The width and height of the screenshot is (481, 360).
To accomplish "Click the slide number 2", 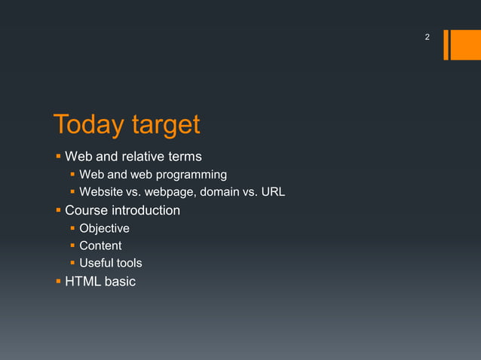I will pyautogui.click(x=427, y=37).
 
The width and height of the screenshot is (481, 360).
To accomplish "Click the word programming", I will pyautogui.click(x=191, y=175).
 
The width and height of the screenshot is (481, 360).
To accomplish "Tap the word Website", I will pyautogui.click(x=102, y=192).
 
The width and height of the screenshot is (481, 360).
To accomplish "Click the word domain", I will pyautogui.click(x=221, y=192).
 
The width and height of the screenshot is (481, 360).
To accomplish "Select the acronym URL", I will pyautogui.click(x=272, y=192).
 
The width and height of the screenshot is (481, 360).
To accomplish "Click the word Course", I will pyautogui.click(x=86, y=210).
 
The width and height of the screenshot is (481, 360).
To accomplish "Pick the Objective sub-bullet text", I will pyautogui.click(x=104, y=228).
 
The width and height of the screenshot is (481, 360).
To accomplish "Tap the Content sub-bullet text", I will pyautogui.click(x=100, y=246).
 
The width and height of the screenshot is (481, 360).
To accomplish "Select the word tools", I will pyautogui.click(x=129, y=263).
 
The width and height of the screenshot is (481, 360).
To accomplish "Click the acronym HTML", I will pyautogui.click(x=83, y=281).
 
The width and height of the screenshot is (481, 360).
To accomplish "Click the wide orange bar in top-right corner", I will pyautogui.click(x=460, y=44).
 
